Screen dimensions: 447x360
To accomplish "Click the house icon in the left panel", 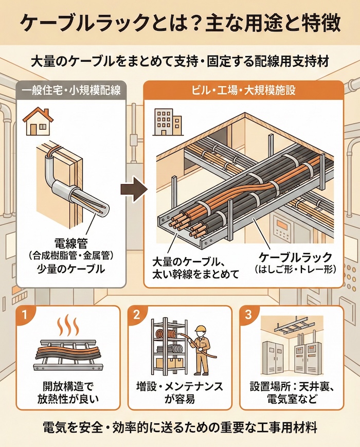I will [38, 121].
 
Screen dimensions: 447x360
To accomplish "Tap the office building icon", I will [168, 122].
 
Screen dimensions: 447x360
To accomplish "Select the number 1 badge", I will [24, 315].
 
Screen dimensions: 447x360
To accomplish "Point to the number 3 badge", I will [249, 315].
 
